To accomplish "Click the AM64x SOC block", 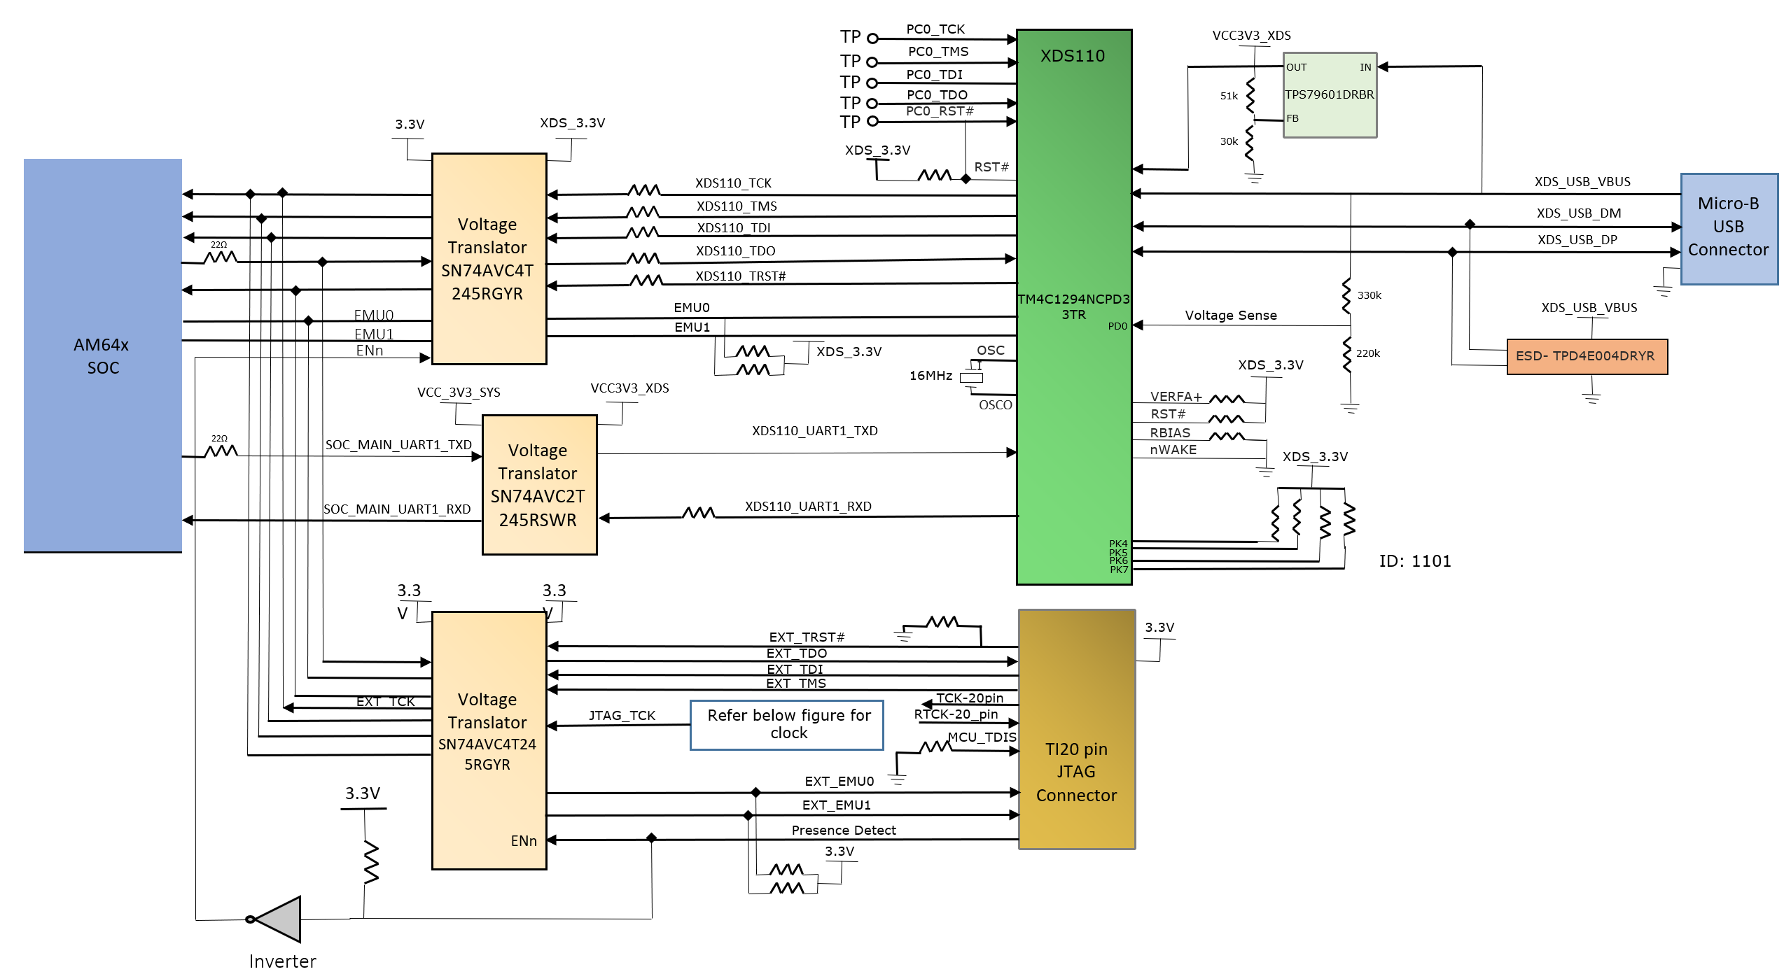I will pyautogui.click(x=103, y=355).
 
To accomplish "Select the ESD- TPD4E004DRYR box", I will pyautogui.click(x=1587, y=356).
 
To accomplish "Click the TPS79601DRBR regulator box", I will pyautogui.click(x=1329, y=94).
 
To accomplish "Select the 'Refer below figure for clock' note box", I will pyautogui.click(x=788, y=724).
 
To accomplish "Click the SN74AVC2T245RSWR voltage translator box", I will pyautogui.click(x=538, y=485).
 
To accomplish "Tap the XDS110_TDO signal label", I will pyautogui.click(x=735, y=250).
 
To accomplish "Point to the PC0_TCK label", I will pyautogui.click(x=935, y=29).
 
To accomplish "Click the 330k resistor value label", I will pyautogui.click(x=1369, y=295).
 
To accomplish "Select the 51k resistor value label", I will pyautogui.click(x=1229, y=96).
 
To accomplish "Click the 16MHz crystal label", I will pyautogui.click(x=931, y=376).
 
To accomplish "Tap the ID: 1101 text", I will pyautogui.click(x=1414, y=561).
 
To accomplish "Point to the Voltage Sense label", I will pyautogui.click(x=1230, y=316).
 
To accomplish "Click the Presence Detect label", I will pyautogui.click(x=843, y=830).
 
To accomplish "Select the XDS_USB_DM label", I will pyautogui.click(x=1578, y=213).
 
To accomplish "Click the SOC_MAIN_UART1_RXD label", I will pyautogui.click(x=397, y=509).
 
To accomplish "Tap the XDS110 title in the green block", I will pyautogui.click(x=1072, y=56).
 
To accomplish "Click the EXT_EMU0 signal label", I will pyautogui.click(x=839, y=781).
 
